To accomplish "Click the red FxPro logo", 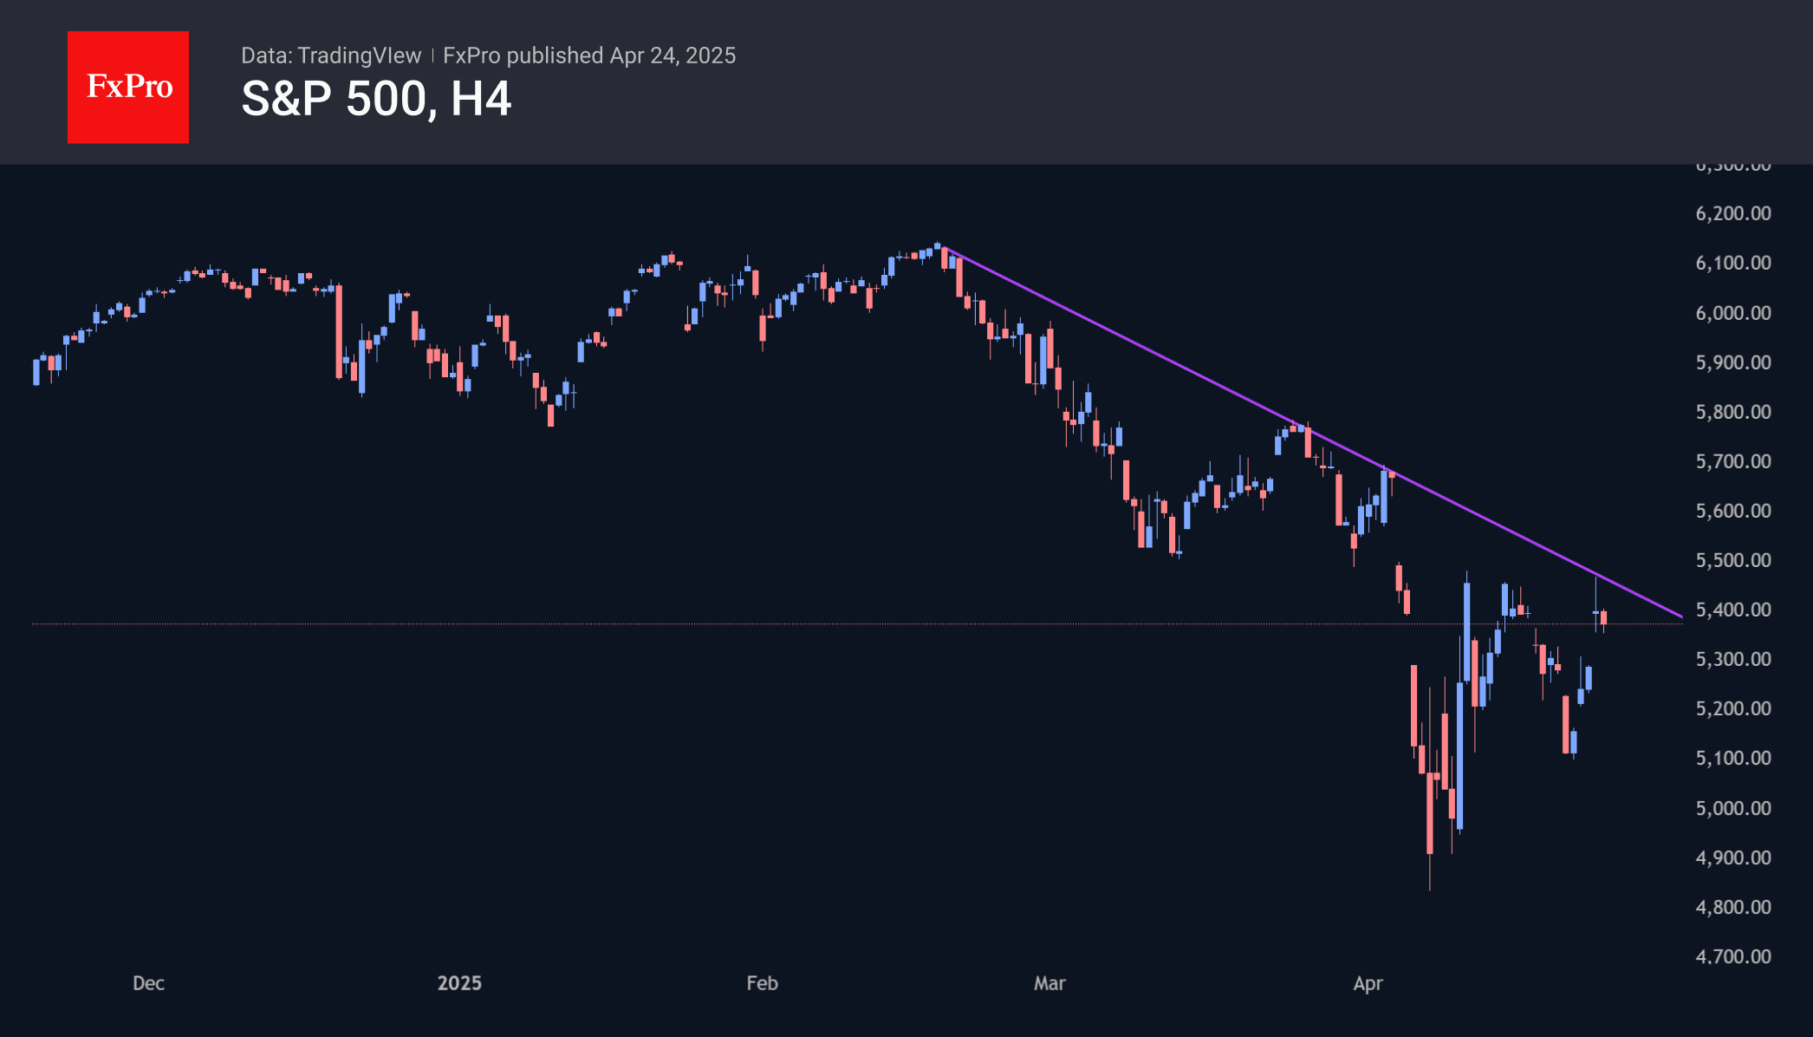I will (128, 87).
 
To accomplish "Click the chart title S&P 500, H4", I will (376, 99).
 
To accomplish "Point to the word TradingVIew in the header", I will (359, 55).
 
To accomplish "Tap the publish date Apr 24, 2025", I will (673, 55).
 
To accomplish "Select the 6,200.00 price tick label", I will (1733, 213).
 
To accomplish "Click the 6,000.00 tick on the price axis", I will (1733, 313).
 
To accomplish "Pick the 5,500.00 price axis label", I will (1733, 560).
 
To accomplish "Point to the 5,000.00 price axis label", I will (1733, 808).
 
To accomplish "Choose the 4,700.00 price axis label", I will (1733, 956).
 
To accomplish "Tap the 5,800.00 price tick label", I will (1733, 412).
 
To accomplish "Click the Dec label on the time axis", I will (148, 983).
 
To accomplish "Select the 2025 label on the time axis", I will (459, 983).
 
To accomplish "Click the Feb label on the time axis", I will (763, 983).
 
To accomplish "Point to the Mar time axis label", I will (1049, 983).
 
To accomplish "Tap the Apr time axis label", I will (1368, 983).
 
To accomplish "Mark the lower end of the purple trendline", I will (1681, 616).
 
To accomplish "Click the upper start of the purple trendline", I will (941, 247).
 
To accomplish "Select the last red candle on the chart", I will (1604, 617).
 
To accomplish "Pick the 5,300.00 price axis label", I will (1733, 659).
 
